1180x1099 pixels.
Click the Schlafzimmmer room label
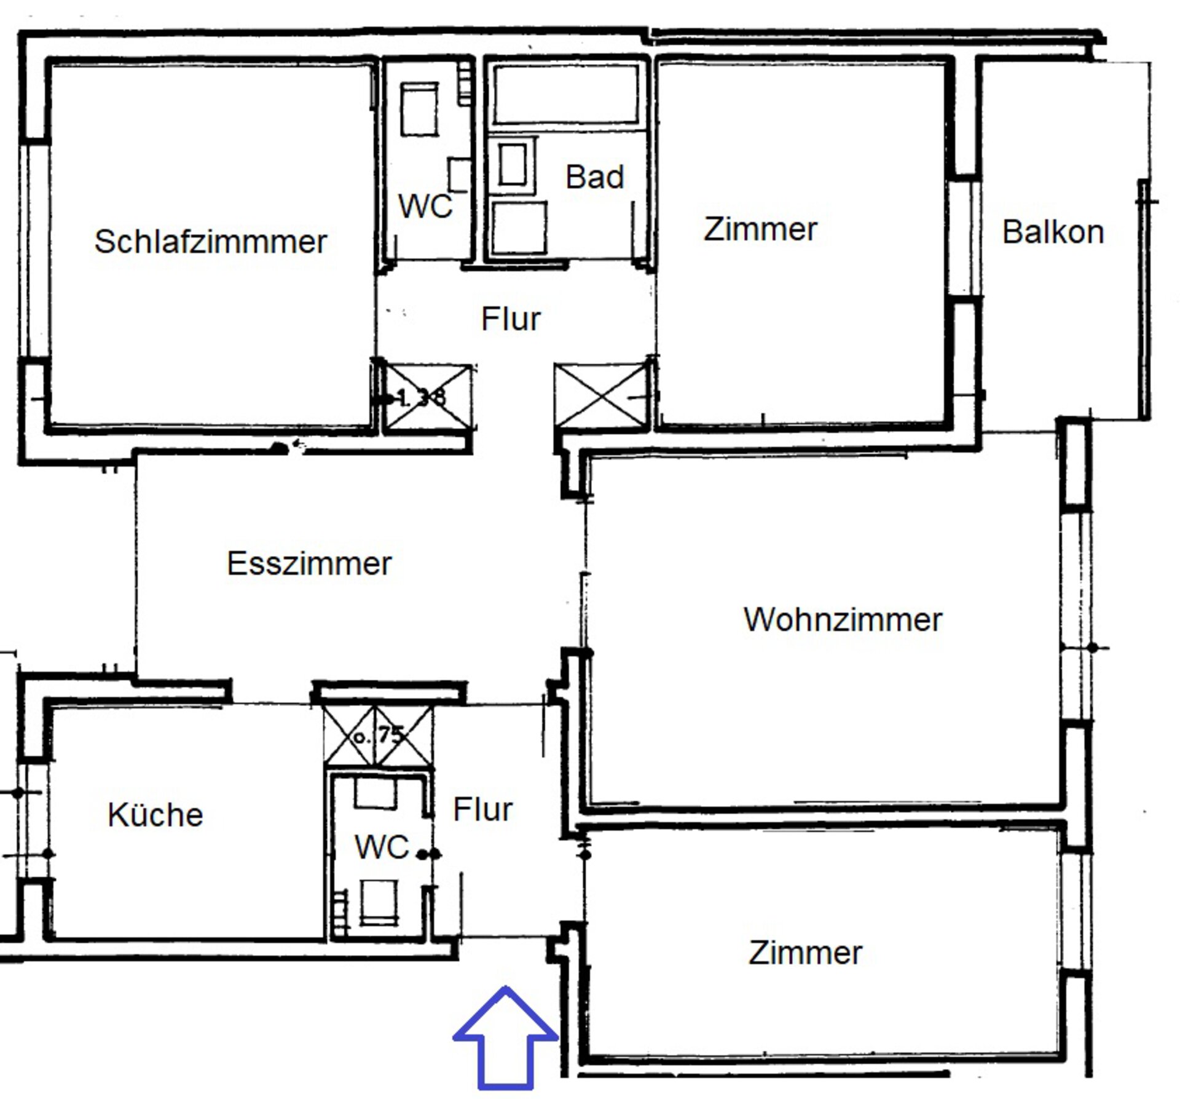[x=210, y=242]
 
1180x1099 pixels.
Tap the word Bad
[x=594, y=177]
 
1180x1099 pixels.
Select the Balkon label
[x=1053, y=232]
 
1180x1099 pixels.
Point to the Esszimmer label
[x=309, y=563]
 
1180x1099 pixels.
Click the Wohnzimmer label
[x=843, y=619]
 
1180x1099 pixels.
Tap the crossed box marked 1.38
[x=428, y=397]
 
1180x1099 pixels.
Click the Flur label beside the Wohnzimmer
[x=482, y=809]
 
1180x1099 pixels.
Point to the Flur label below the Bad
[x=511, y=319]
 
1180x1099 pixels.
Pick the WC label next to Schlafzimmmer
[x=425, y=206]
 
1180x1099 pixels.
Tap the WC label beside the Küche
[x=382, y=847]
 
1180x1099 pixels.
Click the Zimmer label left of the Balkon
[x=760, y=229]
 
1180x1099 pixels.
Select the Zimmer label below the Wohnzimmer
[x=805, y=953]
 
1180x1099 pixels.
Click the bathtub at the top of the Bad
[x=566, y=94]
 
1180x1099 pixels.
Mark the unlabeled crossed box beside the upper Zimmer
[x=602, y=394]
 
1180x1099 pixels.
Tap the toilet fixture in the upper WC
[x=420, y=109]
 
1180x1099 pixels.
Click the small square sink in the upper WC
[x=459, y=174]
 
